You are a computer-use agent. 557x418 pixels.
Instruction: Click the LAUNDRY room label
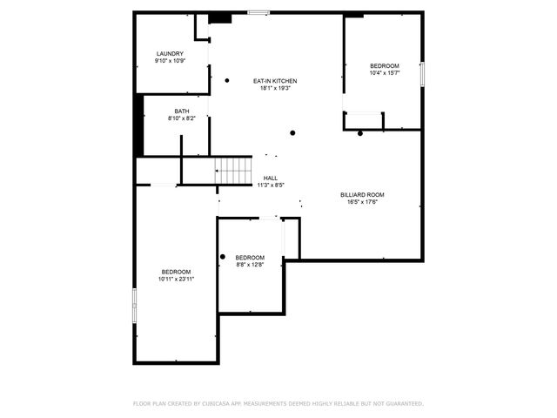(x=170, y=54)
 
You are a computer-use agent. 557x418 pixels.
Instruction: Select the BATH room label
(x=181, y=111)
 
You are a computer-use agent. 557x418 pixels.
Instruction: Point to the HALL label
(x=271, y=178)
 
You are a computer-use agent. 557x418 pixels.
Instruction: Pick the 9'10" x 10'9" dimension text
(x=170, y=61)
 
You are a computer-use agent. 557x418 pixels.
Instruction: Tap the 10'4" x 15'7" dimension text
(x=384, y=74)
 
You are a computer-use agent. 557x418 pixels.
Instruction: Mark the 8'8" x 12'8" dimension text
(x=250, y=265)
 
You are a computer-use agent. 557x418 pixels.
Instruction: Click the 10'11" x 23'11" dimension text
(x=176, y=280)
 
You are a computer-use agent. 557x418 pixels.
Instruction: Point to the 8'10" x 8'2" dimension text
(x=181, y=118)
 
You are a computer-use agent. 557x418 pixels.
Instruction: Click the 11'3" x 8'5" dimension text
(x=271, y=185)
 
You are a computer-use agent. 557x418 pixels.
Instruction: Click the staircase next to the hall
(x=233, y=171)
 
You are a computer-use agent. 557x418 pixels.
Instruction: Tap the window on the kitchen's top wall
(x=258, y=12)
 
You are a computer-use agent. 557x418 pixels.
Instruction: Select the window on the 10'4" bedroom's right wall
(x=423, y=75)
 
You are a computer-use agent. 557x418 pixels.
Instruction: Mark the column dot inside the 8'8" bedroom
(x=223, y=256)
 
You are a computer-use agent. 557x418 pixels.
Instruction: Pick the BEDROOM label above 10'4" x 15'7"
(x=384, y=67)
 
